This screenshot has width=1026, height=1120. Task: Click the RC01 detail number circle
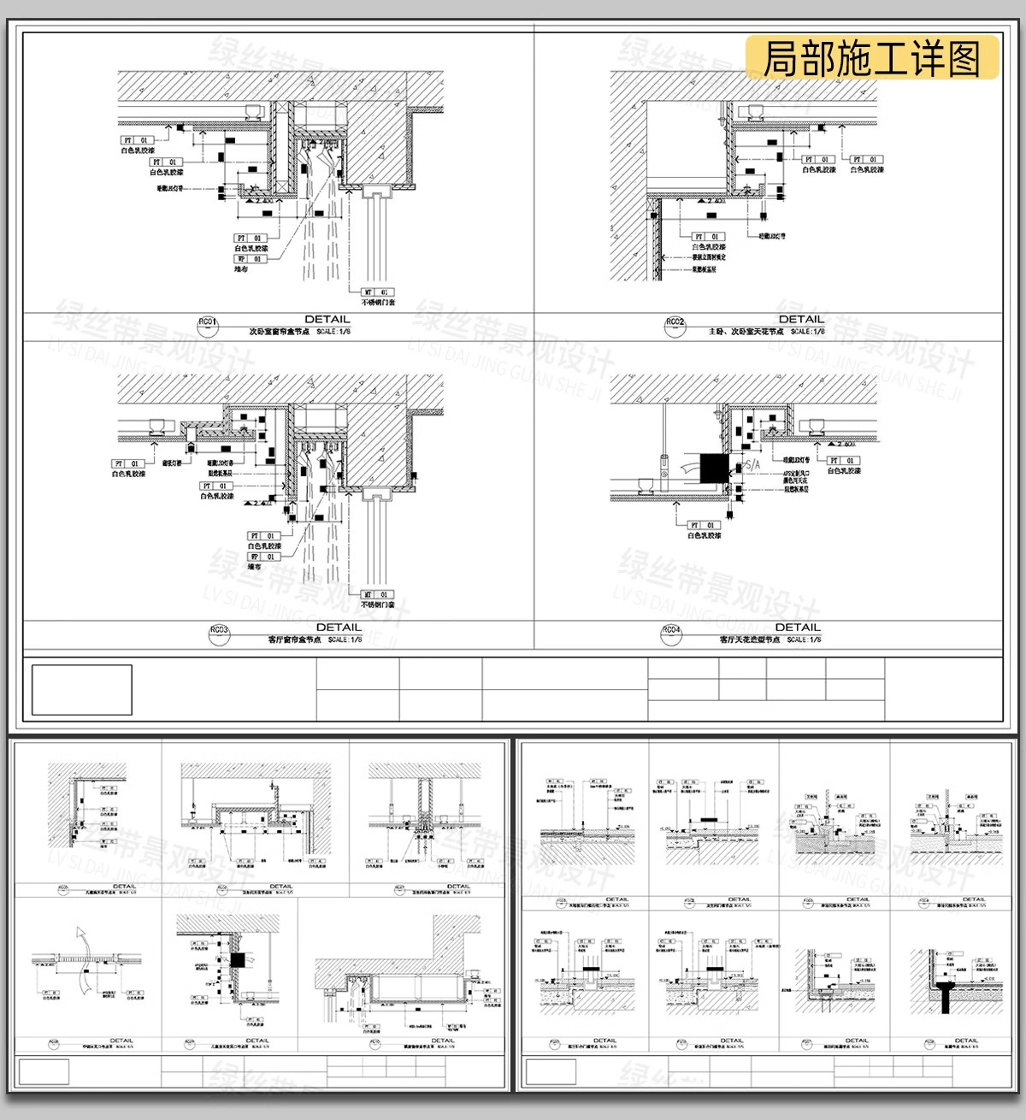pos(208,322)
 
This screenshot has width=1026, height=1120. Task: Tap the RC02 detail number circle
pos(675,322)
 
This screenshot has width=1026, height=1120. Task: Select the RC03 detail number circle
pos(219,630)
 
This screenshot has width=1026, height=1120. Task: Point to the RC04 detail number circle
pos(671,631)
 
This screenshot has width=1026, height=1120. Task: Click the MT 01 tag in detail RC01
pos(377,292)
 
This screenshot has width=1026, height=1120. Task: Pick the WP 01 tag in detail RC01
pos(250,259)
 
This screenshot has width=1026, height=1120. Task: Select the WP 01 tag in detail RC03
pos(262,557)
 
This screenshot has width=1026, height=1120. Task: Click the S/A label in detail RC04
pos(752,465)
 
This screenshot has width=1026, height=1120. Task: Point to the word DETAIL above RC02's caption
pos(801,319)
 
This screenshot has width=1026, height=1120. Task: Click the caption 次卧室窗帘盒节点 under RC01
pos(279,332)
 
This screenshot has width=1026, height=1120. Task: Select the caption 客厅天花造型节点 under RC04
pos(749,640)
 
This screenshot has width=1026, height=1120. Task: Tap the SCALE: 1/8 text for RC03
pos(345,640)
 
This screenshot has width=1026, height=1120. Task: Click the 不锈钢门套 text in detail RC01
pos(378,303)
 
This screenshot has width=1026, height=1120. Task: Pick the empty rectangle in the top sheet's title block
pos(82,689)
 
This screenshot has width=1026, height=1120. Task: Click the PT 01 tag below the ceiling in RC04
pos(703,526)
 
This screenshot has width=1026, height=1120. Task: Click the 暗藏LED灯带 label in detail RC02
pos(771,236)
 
